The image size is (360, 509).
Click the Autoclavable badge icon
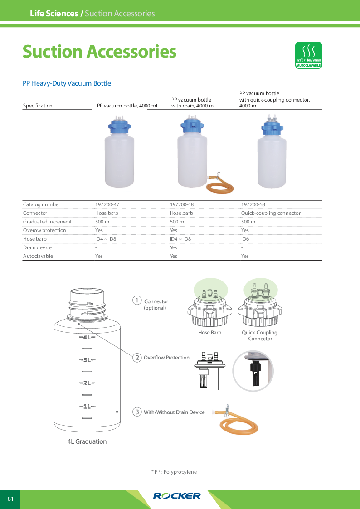308,55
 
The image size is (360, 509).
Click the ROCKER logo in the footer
177,496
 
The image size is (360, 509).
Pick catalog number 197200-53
253,204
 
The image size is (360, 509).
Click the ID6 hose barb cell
245,239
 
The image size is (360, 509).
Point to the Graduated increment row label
47,222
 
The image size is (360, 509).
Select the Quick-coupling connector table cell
271,213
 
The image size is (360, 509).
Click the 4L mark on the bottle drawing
87,337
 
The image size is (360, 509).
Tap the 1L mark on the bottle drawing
87,406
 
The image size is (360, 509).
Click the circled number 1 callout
136,300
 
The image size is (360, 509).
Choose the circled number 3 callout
136,412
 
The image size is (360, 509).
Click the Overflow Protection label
166,358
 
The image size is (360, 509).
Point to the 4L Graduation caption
87,441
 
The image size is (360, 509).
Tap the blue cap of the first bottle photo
119,126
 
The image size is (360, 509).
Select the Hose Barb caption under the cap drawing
209,333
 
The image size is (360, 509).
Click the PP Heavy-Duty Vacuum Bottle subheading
67,83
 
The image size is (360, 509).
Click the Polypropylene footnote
174,472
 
